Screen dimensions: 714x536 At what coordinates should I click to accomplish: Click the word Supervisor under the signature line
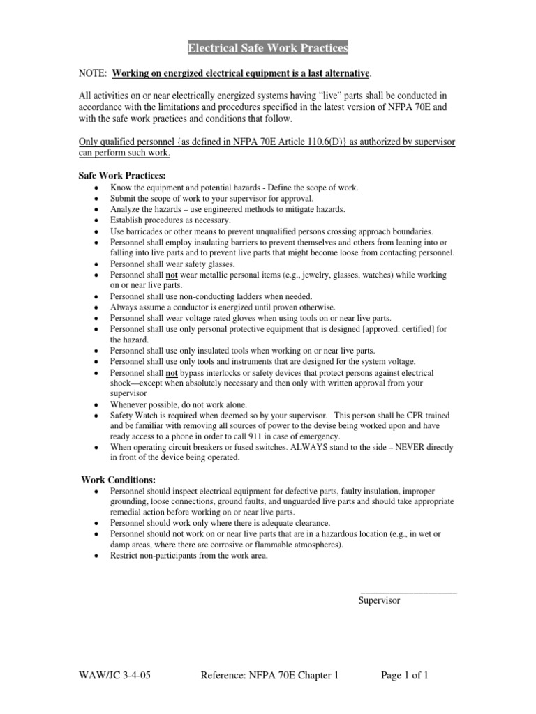[x=379, y=600]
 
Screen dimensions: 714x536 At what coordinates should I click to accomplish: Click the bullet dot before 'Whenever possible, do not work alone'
[x=95, y=404]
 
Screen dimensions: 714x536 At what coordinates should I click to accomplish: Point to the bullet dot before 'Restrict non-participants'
[x=95, y=556]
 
